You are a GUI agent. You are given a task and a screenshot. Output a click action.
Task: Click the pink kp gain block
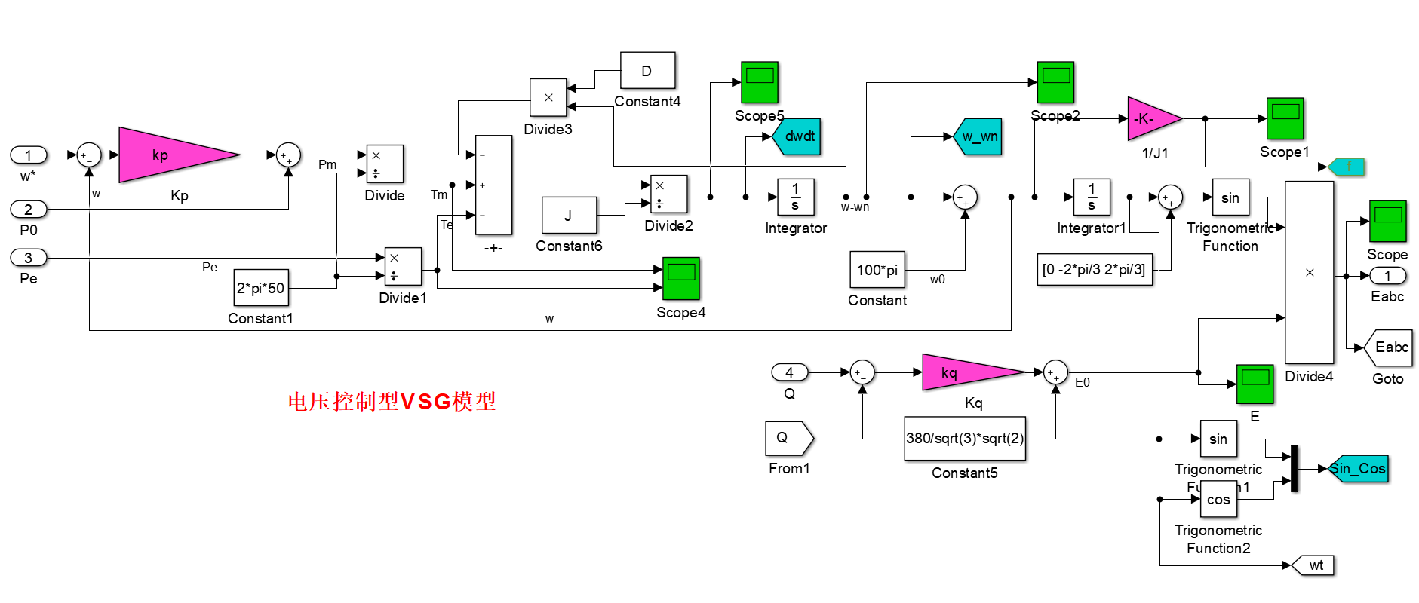pos(170,155)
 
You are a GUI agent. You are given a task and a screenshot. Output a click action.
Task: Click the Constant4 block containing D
pos(647,71)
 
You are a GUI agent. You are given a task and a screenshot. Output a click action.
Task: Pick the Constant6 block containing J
pos(569,216)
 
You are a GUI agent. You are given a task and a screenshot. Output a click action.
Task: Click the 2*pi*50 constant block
pos(261,288)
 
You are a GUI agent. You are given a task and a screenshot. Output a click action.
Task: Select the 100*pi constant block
pos(877,270)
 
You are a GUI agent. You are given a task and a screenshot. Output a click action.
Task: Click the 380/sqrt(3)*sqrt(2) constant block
pos(965,438)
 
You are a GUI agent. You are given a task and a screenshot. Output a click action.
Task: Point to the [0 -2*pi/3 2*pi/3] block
pos(1094,269)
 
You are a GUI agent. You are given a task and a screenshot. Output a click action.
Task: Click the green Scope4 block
pos(680,278)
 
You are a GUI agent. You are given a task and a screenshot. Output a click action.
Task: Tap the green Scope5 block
pos(759,82)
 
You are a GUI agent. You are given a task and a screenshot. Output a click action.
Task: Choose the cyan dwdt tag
pos(797,136)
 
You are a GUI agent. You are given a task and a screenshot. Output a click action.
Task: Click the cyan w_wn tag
pos(979,136)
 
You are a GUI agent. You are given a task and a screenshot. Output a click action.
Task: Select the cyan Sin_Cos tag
pos(1359,468)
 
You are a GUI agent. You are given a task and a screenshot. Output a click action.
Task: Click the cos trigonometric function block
pos(1218,499)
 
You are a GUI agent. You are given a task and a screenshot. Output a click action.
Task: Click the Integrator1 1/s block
pos(1092,197)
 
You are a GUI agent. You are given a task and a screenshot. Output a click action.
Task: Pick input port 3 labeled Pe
pos(29,258)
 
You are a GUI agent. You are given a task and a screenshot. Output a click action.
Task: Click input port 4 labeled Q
pos(789,372)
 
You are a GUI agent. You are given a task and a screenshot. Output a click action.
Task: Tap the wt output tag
pos(1315,565)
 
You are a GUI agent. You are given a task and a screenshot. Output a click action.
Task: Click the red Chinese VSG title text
pos(392,401)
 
